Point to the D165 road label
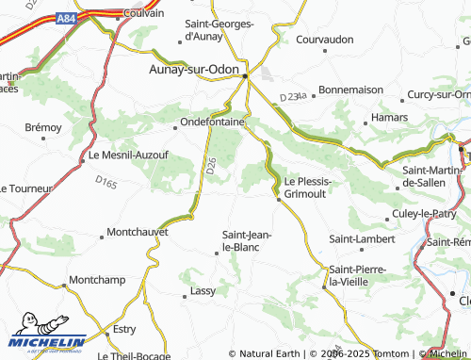point(106,182)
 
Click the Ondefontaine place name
point(214,122)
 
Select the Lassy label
point(203,291)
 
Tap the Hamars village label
point(388,119)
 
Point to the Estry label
point(124,329)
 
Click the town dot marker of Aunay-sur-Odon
point(246,75)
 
